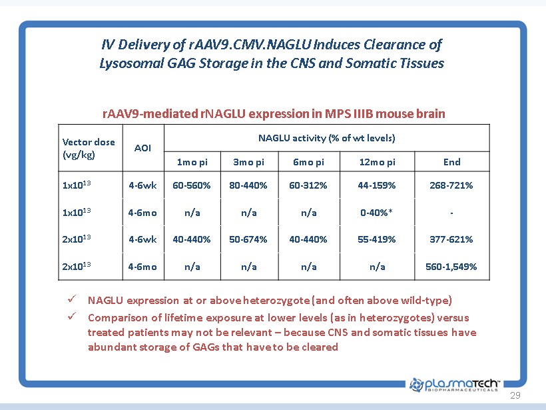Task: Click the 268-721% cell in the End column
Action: (451, 185)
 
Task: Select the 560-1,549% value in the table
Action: (451, 267)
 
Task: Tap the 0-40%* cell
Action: (377, 213)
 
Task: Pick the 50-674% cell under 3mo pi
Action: (248, 239)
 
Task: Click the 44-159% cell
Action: (377, 185)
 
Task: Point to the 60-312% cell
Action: (308, 185)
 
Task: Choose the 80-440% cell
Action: (248, 185)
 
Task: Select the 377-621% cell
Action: (451, 239)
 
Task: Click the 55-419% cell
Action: (377, 239)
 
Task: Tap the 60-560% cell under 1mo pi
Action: (192, 185)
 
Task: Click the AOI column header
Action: (142, 148)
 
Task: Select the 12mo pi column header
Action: (377, 162)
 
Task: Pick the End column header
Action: (451, 162)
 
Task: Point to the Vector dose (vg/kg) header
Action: (89, 148)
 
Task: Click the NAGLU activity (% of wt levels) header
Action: (326, 138)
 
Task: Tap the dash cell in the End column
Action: (451, 213)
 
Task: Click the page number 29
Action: (515, 396)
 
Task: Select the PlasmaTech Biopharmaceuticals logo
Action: (455, 385)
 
